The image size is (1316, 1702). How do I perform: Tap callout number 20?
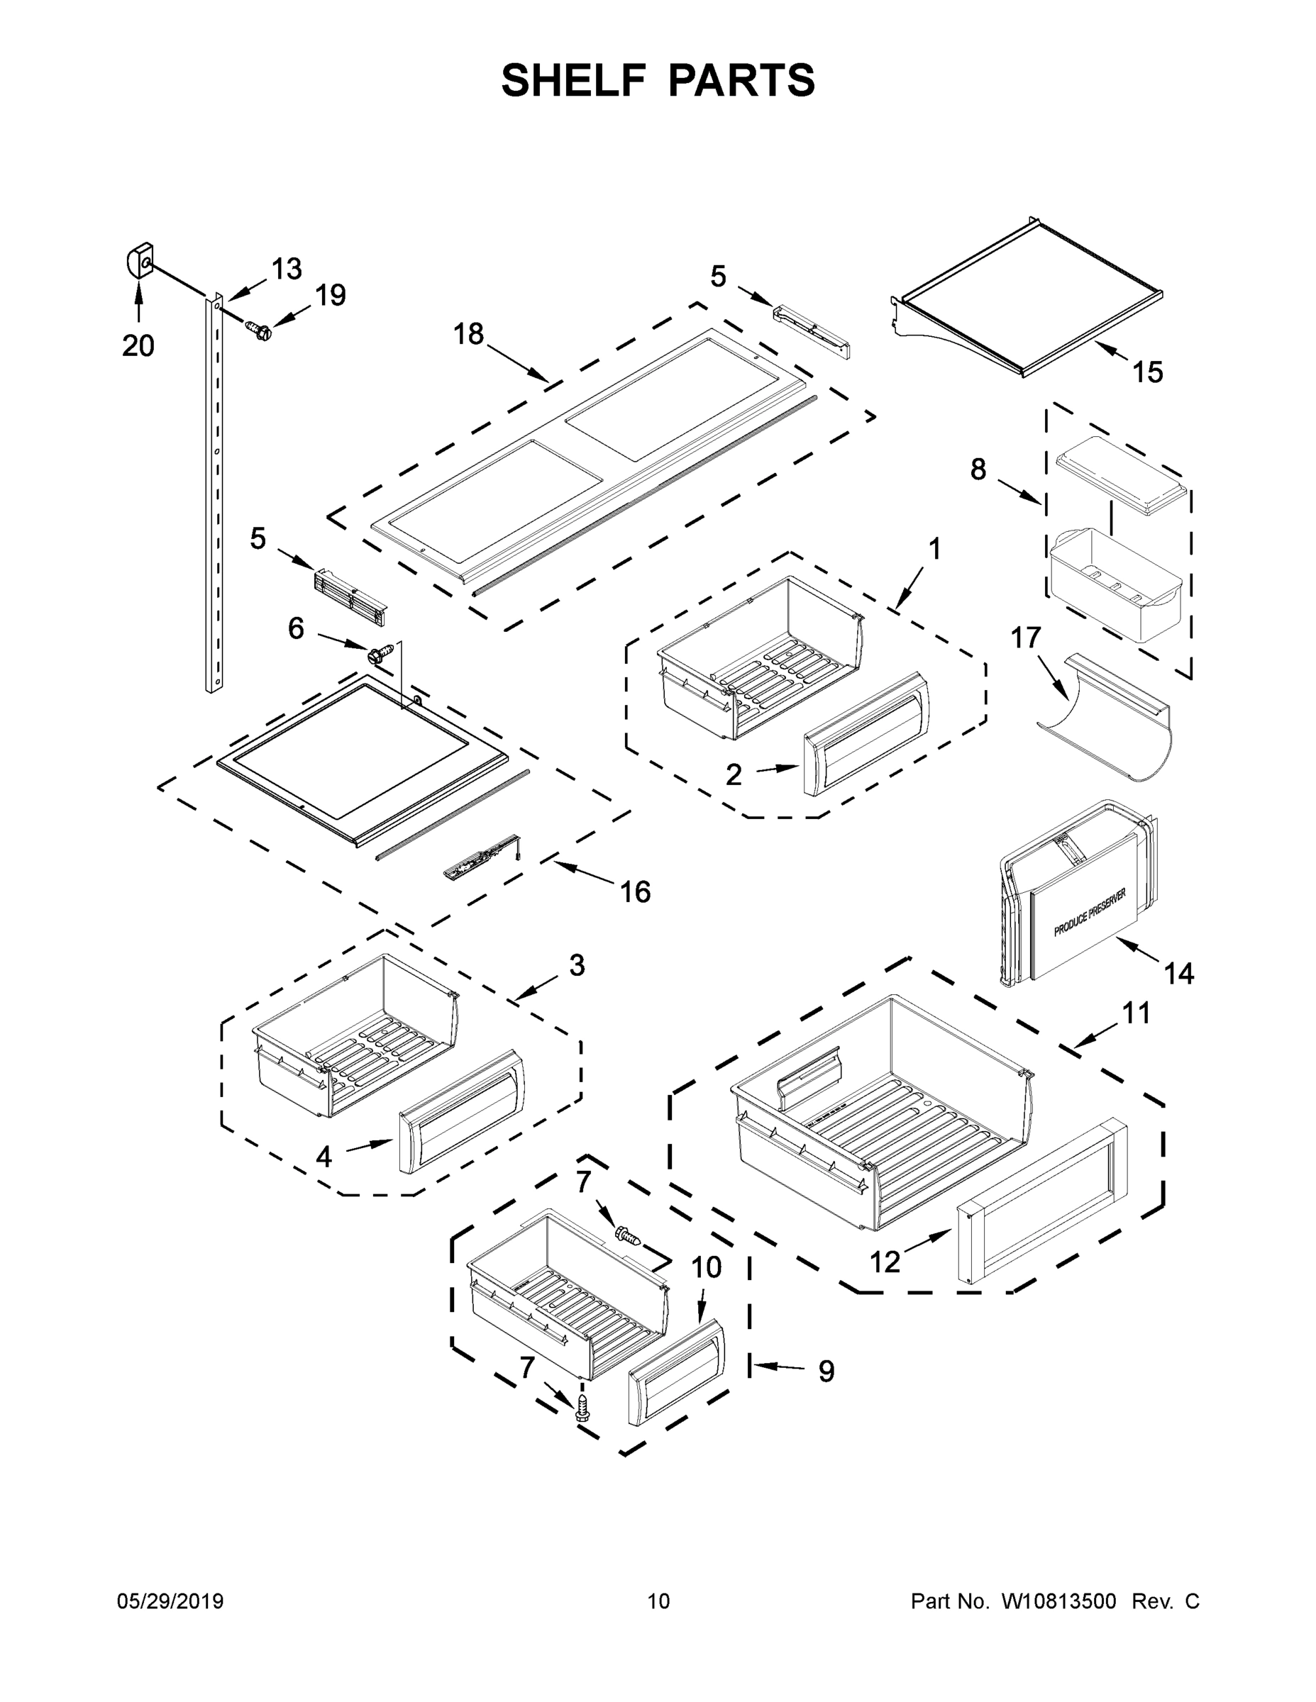138,345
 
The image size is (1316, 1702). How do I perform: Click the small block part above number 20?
140,261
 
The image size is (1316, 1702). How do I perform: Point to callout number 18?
468,334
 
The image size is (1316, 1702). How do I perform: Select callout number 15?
1148,372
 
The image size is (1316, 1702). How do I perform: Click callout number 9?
826,1371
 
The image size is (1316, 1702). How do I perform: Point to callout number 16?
635,891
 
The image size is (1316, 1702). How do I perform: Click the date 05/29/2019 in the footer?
170,1601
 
